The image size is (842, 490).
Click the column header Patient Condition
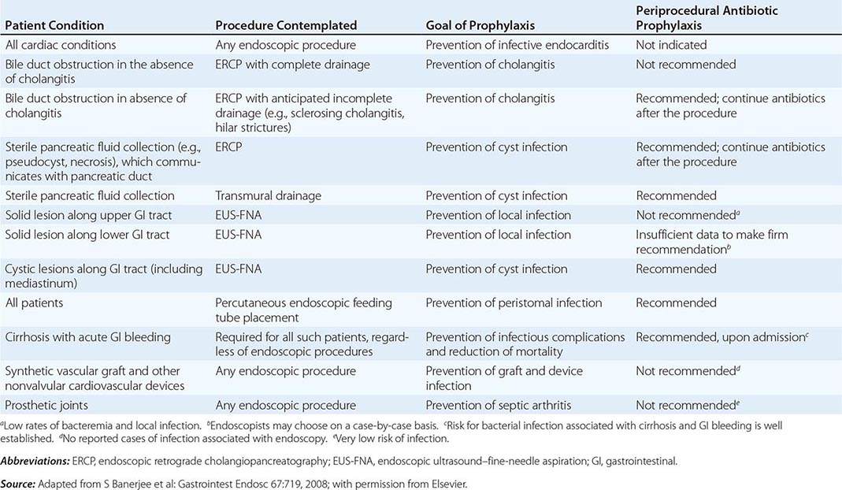coord(53,24)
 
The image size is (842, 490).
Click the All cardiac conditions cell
coord(61,45)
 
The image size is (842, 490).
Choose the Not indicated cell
coord(671,45)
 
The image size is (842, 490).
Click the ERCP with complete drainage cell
coord(292,64)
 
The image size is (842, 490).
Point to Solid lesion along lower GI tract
coord(87,235)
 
